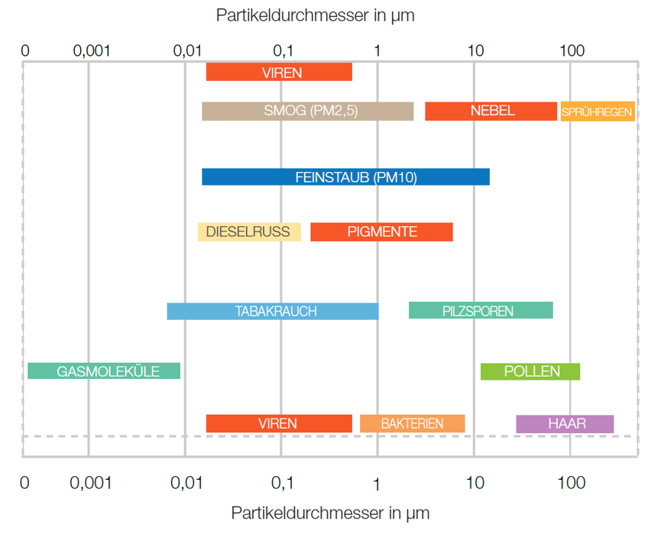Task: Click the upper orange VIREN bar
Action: click(x=279, y=72)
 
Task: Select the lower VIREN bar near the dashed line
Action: click(x=279, y=423)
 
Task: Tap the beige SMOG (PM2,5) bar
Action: click(x=308, y=111)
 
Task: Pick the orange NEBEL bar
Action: click(x=491, y=111)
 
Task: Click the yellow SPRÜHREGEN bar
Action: click(x=597, y=112)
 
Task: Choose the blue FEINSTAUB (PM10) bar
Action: click(x=345, y=177)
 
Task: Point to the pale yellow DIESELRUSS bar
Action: click(x=249, y=231)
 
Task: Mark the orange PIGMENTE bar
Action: click(x=381, y=231)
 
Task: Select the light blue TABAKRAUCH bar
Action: click(x=273, y=311)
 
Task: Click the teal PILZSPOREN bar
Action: click(x=480, y=311)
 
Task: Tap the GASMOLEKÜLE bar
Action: click(x=104, y=371)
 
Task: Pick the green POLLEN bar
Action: click(x=531, y=371)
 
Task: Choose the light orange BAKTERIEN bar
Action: click(x=412, y=423)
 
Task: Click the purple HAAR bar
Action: click(x=565, y=423)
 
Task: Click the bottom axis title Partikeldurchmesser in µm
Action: click(x=331, y=512)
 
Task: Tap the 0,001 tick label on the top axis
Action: click(x=91, y=50)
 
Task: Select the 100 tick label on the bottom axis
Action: click(x=571, y=483)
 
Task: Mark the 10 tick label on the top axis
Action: click(x=475, y=50)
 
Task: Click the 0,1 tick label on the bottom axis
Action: click(x=282, y=483)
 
